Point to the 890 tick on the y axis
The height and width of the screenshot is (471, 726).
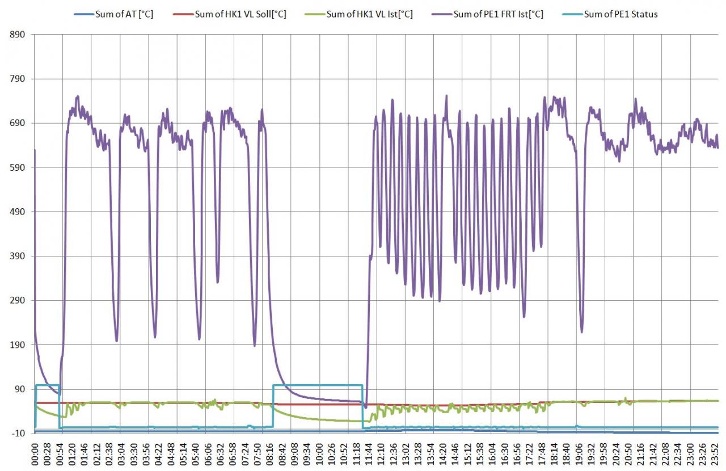click(18, 35)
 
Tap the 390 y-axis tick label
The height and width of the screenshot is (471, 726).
click(18, 256)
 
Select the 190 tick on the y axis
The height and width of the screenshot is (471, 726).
click(18, 344)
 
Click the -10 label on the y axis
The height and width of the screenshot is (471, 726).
click(19, 434)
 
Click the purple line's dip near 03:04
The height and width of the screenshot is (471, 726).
click(116, 340)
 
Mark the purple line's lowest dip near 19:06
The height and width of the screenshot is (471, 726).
click(581, 331)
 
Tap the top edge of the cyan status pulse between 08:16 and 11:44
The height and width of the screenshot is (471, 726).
click(318, 385)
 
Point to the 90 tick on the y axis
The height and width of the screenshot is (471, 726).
click(20, 389)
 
